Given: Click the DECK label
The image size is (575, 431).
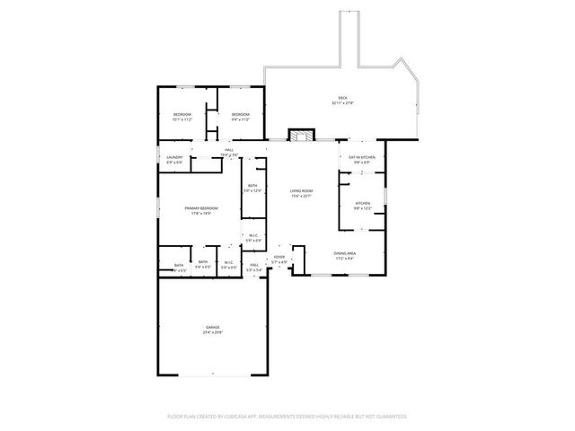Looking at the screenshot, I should (342, 97).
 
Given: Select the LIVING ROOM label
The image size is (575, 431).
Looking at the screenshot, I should (301, 190).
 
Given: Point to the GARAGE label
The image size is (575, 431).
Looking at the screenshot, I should (212, 327).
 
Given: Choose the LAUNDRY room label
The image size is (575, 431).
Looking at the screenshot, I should (175, 157).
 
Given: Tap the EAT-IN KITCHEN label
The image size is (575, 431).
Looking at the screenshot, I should (362, 157).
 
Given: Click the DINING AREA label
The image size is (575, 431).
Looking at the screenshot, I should (346, 254).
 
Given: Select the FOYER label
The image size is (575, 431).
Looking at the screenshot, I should (279, 258).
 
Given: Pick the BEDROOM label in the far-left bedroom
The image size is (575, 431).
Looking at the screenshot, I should (182, 115).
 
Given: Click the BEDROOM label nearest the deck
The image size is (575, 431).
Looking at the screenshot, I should (240, 115).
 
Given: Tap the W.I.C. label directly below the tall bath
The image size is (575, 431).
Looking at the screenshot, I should (253, 236).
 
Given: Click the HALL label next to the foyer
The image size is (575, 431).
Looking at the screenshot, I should (255, 264).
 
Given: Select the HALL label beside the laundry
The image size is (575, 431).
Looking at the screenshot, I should (229, 150).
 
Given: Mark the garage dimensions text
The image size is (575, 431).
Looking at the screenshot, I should (212, 332).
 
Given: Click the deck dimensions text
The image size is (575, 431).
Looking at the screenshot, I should (342, 102).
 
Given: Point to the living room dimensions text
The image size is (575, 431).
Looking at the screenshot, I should (301, 196).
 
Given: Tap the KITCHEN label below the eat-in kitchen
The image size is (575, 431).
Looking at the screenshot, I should (362, 204).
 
